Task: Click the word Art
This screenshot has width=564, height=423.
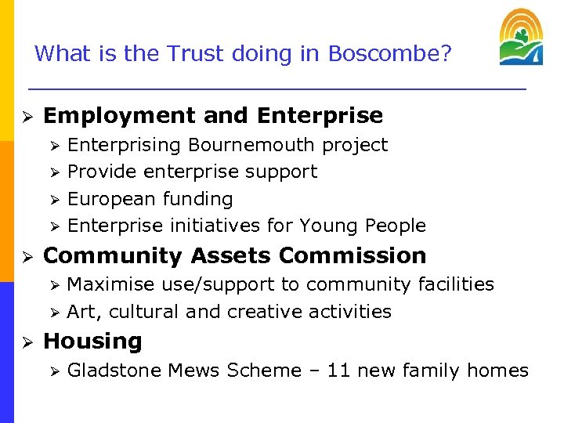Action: (82, 312)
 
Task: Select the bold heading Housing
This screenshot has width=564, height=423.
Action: (92, 342)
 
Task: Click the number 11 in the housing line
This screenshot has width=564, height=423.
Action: (338, 371)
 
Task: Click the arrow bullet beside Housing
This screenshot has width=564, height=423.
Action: (26, 342)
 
